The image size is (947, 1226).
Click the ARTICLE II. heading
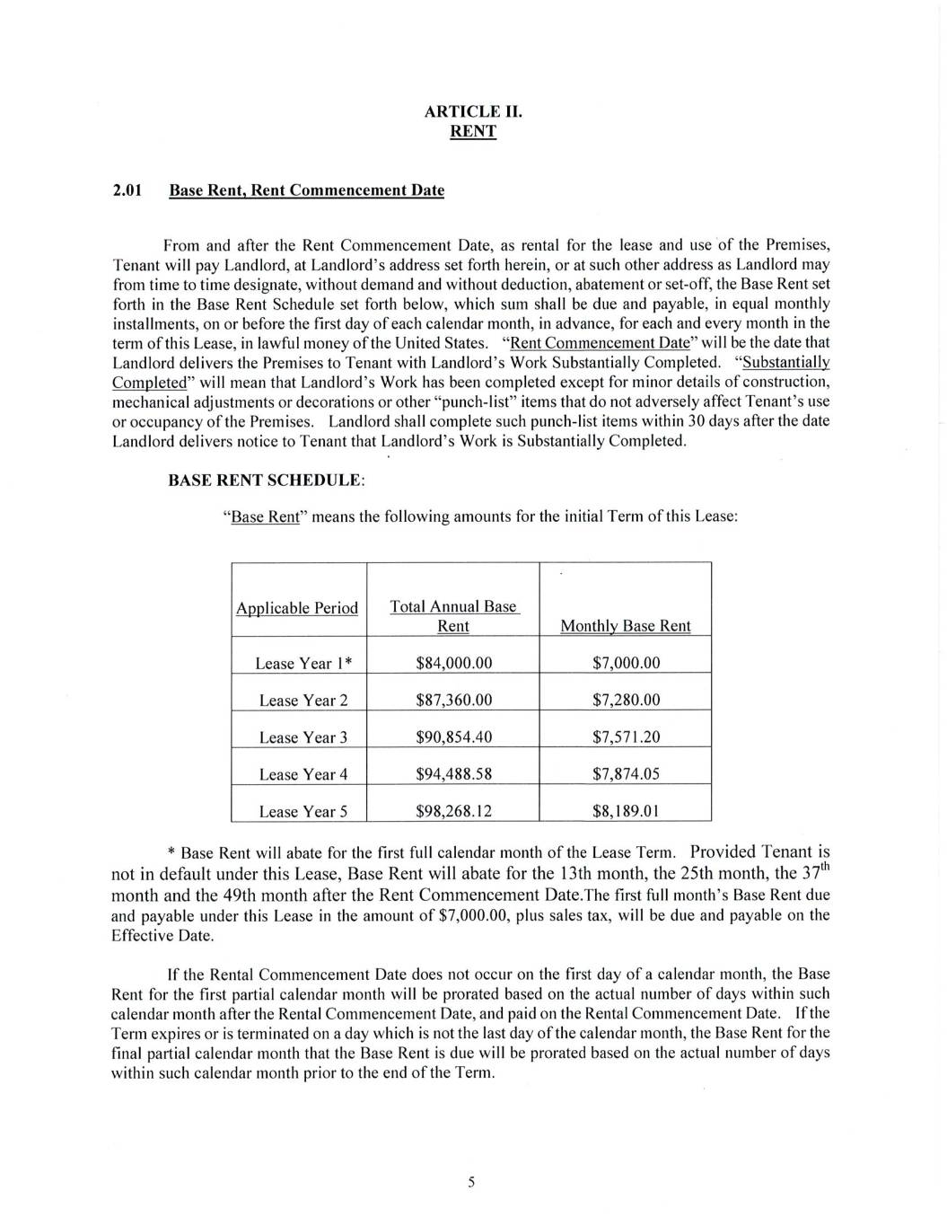coord(472,111)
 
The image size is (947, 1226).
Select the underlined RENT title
coord(472,131)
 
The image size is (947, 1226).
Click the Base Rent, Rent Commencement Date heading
coord(306,190)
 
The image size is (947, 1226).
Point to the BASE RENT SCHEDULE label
coord(267,481)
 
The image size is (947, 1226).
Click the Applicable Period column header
coord(297,608)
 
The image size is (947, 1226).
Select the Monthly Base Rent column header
coord(625,626)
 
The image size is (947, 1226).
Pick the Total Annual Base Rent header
coord(453,616)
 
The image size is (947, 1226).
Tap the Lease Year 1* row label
coord(303,663)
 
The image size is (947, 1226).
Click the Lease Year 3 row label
coord(303,737)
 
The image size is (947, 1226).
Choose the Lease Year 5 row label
coord(303,811)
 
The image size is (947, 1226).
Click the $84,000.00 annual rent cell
coord(453,663)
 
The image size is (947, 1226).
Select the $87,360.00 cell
coord(453,700)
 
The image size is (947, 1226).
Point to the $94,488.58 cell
coord(453,773)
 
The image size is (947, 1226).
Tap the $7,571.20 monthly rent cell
coord(626,736)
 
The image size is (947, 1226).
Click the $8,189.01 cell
coord(626,811)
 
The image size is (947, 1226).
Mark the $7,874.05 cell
coord(626,773)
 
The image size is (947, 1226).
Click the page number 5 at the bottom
coord(471,1182)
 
